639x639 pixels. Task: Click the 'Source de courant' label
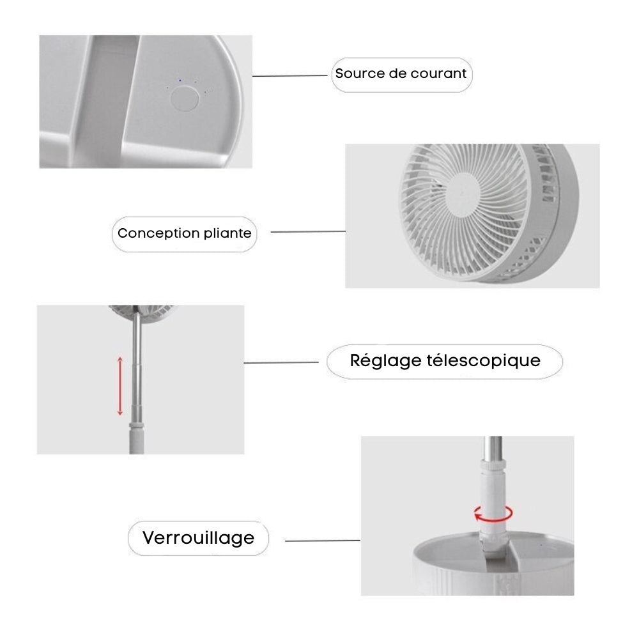tap(401, 73)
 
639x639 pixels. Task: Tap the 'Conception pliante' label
tap(185, 233)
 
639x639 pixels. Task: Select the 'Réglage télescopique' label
tap(445, 360)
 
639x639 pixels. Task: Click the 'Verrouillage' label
tap(198, 538)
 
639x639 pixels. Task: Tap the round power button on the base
tap(183, 100)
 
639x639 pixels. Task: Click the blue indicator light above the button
tap(181, 81)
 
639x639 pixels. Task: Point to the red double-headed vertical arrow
tap(119, 386)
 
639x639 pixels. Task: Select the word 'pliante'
tap(227, 233)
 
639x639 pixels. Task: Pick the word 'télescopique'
tap(482, 360)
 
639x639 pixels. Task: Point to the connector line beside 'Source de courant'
tap(291, 76)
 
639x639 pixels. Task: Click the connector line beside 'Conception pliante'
tap(308, 232)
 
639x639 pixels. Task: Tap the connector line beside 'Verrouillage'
tap(322, 541)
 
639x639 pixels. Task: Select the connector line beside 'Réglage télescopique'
tap(281, 363)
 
